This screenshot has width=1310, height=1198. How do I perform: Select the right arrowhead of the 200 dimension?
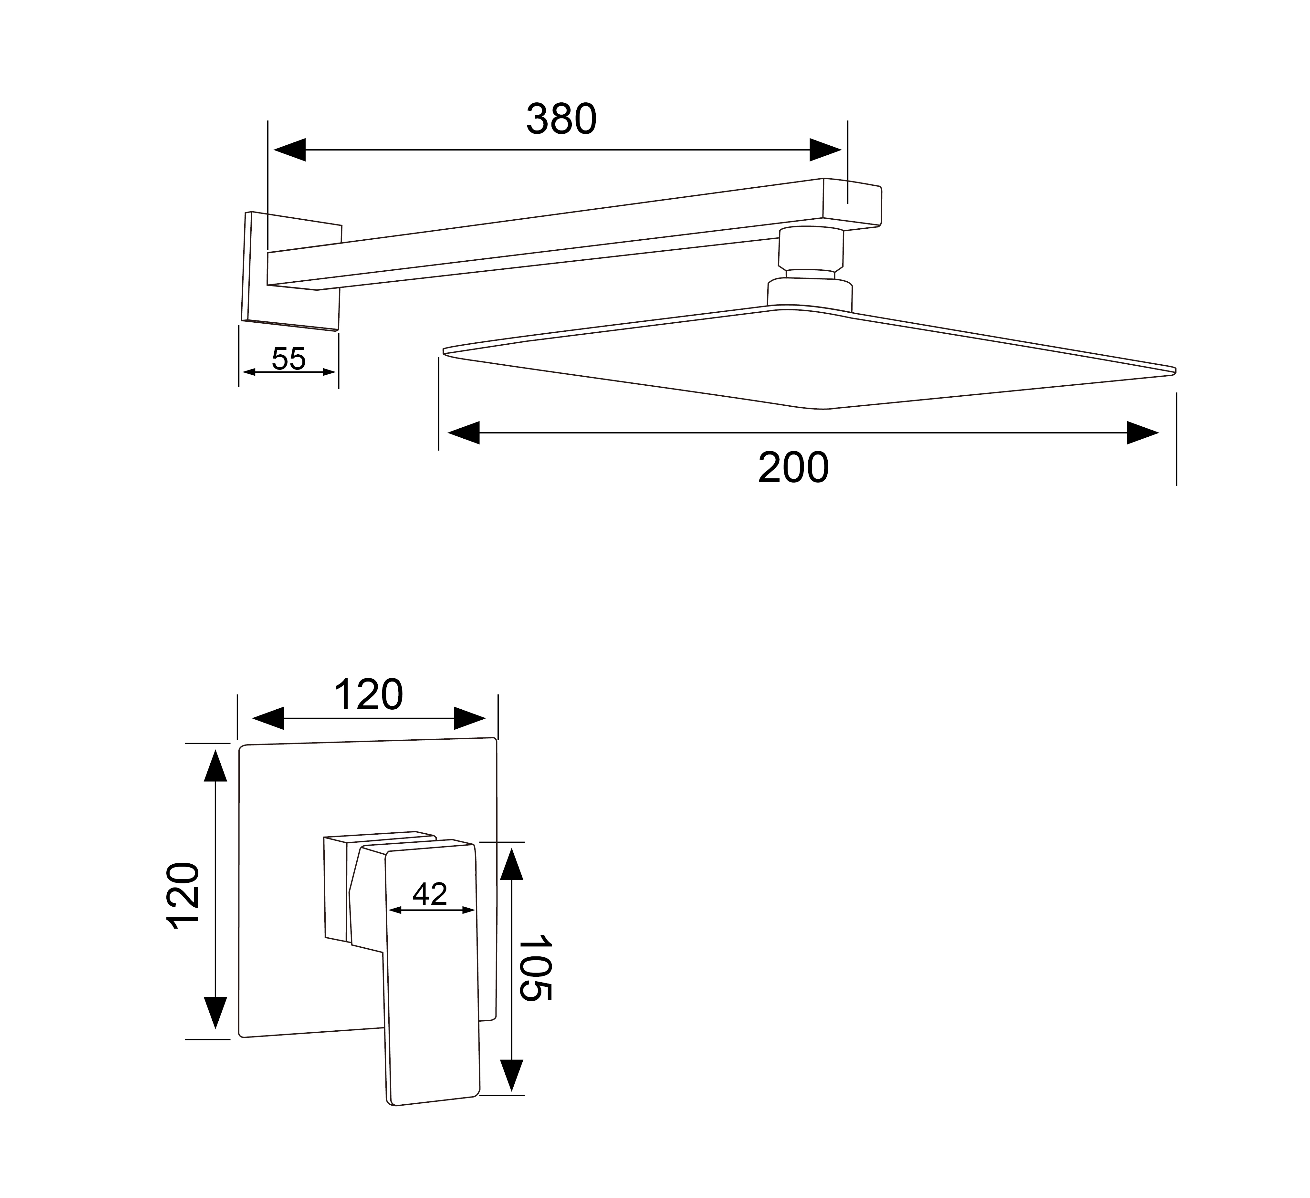click(x=1142, y=433)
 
